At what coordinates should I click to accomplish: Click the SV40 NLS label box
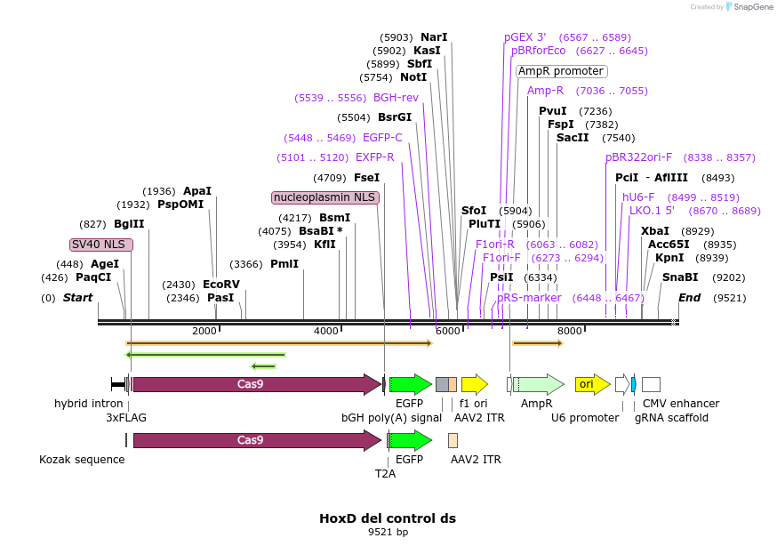pyautogui.click(x=101, y=245)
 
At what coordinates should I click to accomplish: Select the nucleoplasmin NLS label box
pyautogui.click(x=325, y=197)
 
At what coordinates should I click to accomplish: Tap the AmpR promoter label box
pyautogui.click(x=561, y=71)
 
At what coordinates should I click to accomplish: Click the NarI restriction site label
pyautogui.click(x=434, y=37)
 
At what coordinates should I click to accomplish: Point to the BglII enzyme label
pyautogui.click(x=129, y=224)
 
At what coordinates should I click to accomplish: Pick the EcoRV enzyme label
pyautogui.click(x=221, y=285)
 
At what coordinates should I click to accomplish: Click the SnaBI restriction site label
pyautogui.click(x=680, y=277)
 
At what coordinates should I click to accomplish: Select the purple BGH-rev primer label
pyautogui.click(x=396, y=98)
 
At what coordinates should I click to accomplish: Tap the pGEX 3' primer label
pyautogui.click(x=525, y=37)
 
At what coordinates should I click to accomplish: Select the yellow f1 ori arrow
pyautogui.click(x=474, y=384)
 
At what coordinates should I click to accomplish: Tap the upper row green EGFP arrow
pyautogui.click(x=411, y=384)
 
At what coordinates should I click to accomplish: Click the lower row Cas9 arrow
pyautogui.click(x=256, y=440)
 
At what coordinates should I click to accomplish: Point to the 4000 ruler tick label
pyautogui.click(x=326, y=331)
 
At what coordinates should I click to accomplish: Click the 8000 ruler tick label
pyautogui.click(x=569, y=331)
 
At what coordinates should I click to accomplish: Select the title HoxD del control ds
pyautogui.click(x=388, y=518)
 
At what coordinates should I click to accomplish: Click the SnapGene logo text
pyautogui.click(x=754, y=7)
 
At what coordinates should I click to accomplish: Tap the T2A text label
pyautogui.click(x=385, y=474)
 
